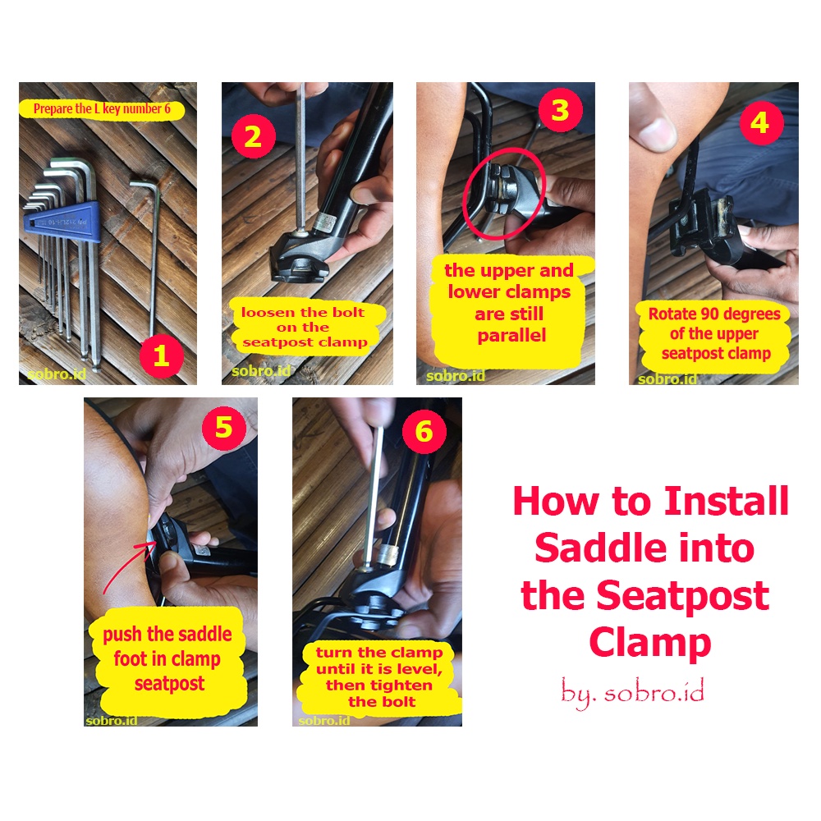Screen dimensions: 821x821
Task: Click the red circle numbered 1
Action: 161,356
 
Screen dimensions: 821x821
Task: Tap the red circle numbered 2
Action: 254,136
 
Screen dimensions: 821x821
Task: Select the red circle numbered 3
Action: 560,110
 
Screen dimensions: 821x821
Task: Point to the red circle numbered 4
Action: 761,123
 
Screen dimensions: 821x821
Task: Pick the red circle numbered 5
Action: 224,427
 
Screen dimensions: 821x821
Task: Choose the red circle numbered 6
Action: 424,432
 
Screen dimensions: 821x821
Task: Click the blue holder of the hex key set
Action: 62,222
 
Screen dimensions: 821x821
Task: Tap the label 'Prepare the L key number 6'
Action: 102,109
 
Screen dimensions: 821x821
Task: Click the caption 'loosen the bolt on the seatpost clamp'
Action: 304,328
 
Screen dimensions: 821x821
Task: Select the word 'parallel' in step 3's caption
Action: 511,336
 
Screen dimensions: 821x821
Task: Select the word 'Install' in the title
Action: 727,501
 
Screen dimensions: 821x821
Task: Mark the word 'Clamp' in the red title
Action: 649,643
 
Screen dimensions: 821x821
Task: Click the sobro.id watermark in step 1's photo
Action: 57,374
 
